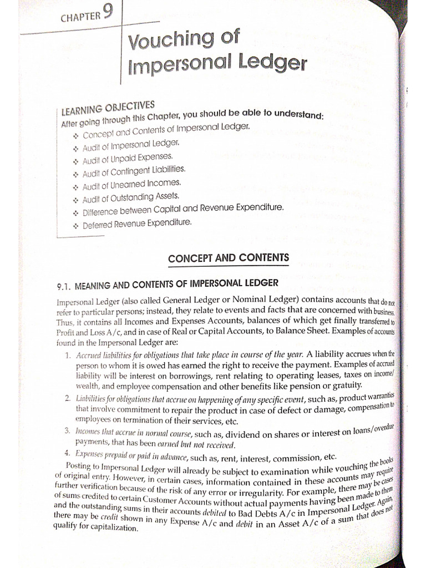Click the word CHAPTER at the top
80,16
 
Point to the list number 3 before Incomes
67,431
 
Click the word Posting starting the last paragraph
79,465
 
